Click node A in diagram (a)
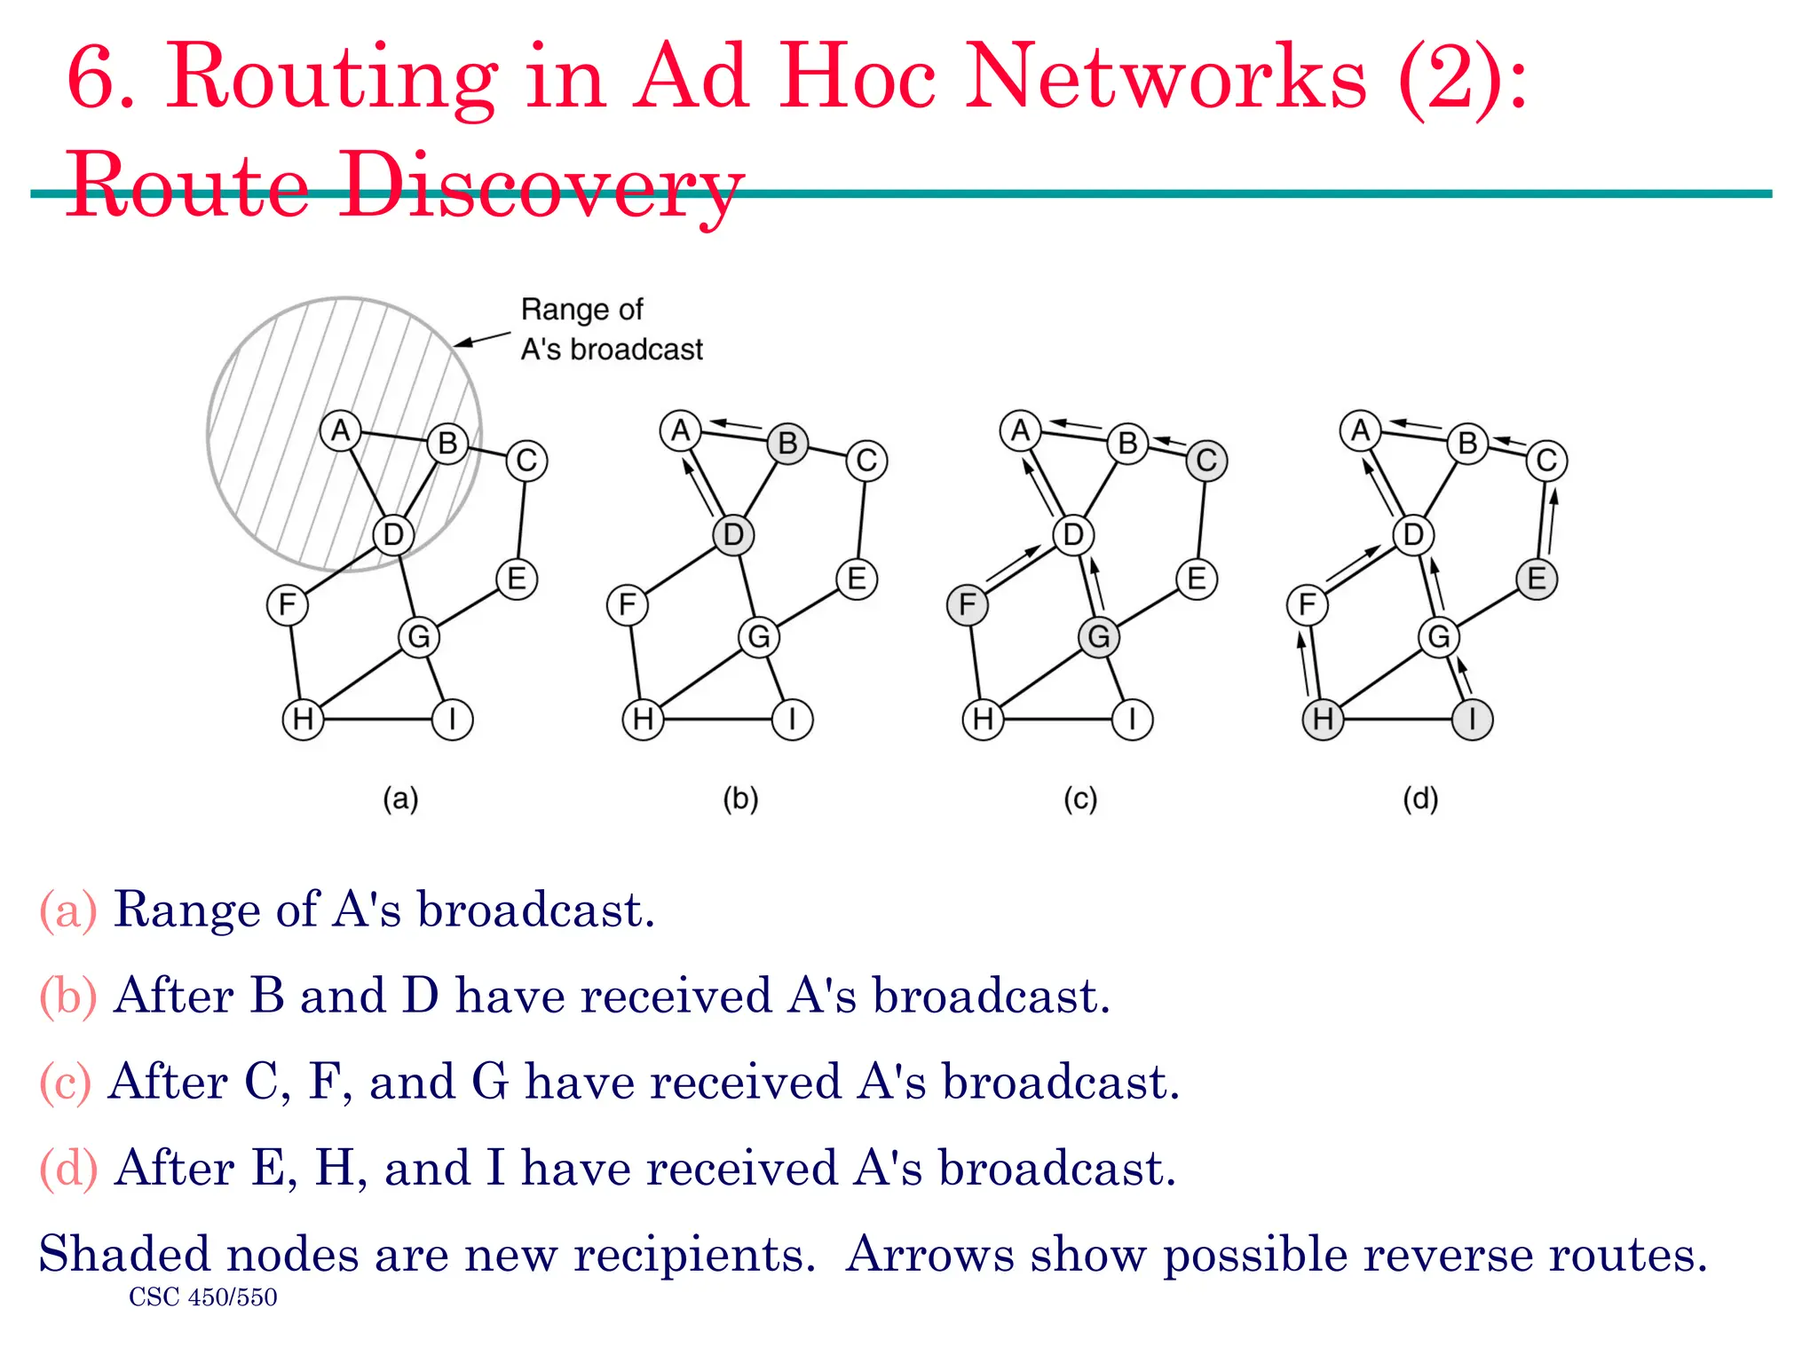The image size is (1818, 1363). pyautogui.click(x=340, y=431)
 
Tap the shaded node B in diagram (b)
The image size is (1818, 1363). pyautogui.click(x=787, y=443)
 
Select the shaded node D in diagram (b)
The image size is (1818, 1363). pyautogui.click(x=733, y=534)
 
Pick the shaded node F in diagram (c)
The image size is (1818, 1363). pyautogui.click(x=968, y=605)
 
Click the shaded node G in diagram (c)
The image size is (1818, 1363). pyautogui.click(x=1099, y=636)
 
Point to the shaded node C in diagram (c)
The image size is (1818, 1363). pyautogui.click(x=1206, y=461)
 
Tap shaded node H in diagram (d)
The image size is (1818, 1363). pyautogui.click(x=1323, y=719)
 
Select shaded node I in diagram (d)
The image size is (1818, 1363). pyautogui.click(x=1472, y=719)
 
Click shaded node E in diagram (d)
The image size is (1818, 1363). pyautogui.click(x=1537, y=579)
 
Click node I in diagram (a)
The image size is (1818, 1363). pyautogui.click(x=452, y=719)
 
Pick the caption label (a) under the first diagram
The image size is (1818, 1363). pyautogui.click(x=400, y=799)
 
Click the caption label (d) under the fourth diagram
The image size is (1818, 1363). pyautogui.click(x=1420, y=799)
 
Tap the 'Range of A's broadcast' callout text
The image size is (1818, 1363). pyautogui.click(x=611, y=329)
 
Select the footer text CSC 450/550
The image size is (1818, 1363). pyautogui.click(x=202, y=1297)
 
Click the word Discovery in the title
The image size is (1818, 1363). pyautogui.click(x=541, y=186)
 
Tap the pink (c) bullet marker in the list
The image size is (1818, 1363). pyautogui.click(x=66, y=1083)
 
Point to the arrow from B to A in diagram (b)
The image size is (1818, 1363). pyautogui.click(x=738, y=425)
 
